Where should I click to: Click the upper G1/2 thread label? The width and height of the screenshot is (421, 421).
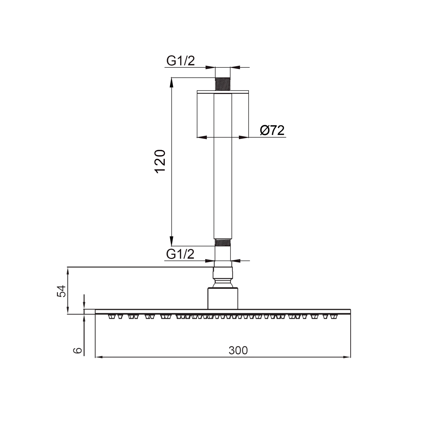[180, 61]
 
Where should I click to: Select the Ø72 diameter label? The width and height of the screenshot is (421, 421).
[272, 131]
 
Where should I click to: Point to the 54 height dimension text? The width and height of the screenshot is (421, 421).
[61, 291]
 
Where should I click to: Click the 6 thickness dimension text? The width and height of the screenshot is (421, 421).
[78, 350]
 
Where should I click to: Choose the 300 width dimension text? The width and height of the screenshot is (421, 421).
[238, 350]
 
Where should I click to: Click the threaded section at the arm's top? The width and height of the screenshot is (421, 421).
[223, 84]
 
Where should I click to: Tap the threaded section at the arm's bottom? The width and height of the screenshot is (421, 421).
[223, 242]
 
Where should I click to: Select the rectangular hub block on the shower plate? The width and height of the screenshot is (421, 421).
[223, 298]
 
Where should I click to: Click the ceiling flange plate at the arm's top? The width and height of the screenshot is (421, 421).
[223, 92]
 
